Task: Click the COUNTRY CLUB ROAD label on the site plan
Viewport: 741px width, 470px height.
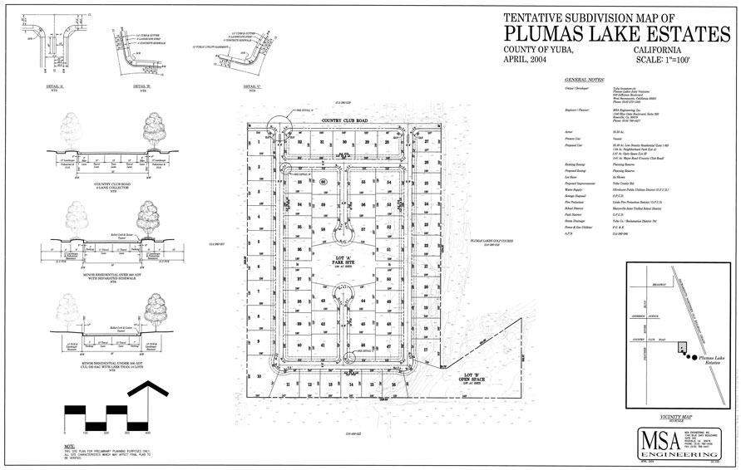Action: (x=344, y=120)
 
